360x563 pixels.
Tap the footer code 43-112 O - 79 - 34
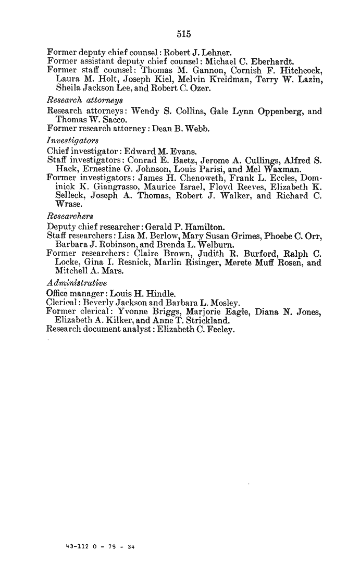click(x=97, y=546)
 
